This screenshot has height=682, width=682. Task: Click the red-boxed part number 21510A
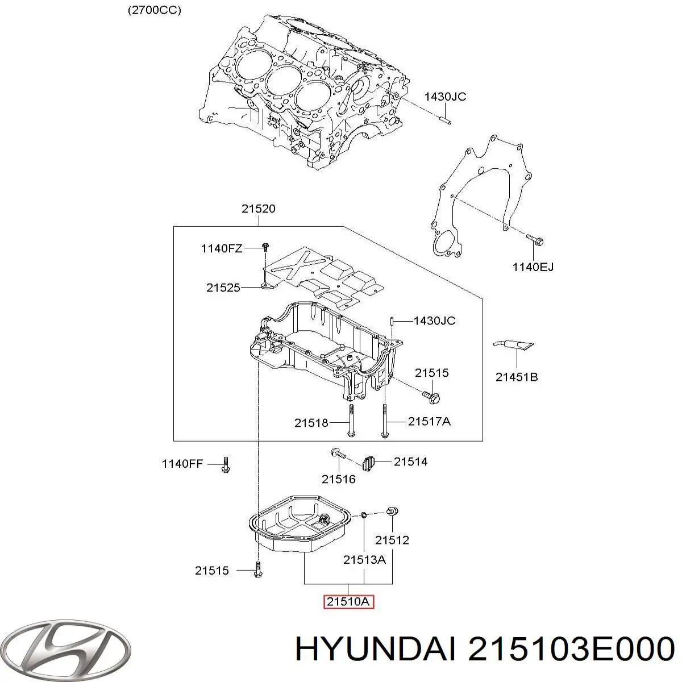(x=348, y=602)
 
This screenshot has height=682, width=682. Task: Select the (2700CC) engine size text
(x=155, y=11)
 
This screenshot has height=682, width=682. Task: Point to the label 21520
(x=258, y=209)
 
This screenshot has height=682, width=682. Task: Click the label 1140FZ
(x=221, y=248)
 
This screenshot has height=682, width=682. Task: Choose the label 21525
(x=223, y=288)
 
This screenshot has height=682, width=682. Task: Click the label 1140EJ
(x=533, y=266)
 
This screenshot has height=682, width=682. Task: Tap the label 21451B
(x=517, y=376)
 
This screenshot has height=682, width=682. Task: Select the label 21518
(x=311, y=423)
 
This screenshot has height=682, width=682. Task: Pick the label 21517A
(x=429, y=421)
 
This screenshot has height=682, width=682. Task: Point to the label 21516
(x=338, y=479)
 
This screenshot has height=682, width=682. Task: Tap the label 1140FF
(x=182, y=464)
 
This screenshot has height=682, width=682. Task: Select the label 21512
(x=392, y=540)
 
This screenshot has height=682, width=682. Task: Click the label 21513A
(x=364, y=559)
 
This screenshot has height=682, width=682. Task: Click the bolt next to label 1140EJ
(x=534, y=240)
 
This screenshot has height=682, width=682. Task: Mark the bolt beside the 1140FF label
(x=225, y=465)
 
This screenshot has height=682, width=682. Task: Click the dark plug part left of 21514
(x=369, y=463)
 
